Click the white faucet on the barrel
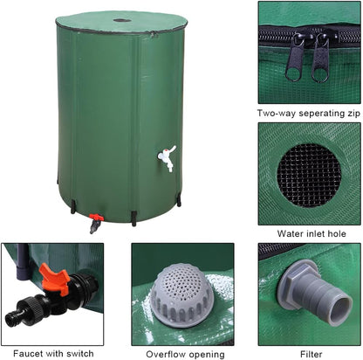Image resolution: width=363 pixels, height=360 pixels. [166, 157]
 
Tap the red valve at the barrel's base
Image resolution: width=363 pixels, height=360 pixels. [96, 218]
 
